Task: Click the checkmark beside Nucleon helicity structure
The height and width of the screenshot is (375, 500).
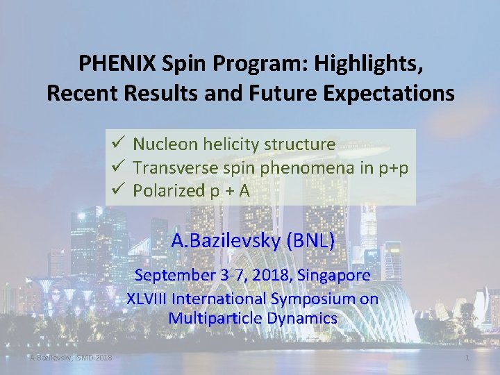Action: coord(116,144)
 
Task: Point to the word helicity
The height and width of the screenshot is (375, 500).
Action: coord(226,144)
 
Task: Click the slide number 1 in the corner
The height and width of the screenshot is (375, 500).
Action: coord(467,358)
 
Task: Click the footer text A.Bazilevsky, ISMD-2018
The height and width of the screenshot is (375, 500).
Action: coord(71,358)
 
